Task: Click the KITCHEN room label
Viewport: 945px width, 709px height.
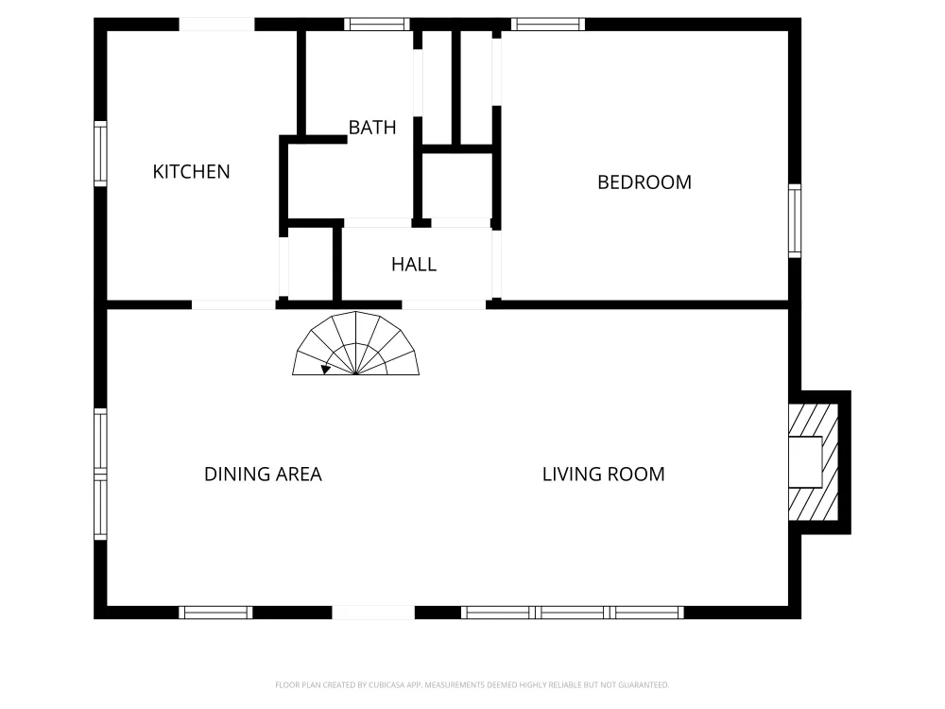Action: pos(191,172)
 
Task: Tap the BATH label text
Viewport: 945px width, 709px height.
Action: pos(372,128)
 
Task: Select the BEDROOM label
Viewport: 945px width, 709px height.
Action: pos(644,182)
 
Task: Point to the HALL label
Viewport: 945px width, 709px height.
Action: pos(414,264)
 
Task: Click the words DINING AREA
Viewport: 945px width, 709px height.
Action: pos(264,474)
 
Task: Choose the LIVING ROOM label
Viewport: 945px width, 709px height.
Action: pos(603,474)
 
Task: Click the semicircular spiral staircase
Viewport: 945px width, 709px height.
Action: pos(355,344)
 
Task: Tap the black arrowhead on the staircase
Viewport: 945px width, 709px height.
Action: pos(326,369)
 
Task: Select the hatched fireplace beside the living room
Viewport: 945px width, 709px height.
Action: pos(814,462)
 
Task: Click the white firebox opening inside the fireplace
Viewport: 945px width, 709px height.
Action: pos(805,462)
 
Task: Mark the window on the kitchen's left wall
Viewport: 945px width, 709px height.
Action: pos(101,154)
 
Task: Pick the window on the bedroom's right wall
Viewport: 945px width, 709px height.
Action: pos(795,220)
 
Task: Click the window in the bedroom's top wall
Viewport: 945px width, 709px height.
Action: pos(548,25)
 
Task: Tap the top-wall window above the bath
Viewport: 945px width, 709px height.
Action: pos(377,25)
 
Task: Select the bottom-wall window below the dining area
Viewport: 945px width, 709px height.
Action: pos(215,613)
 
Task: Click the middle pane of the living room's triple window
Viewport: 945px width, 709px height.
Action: pos(573,613)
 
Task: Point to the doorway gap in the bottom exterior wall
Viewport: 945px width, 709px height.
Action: pos(373,613)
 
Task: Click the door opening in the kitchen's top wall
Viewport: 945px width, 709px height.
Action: pos(217,25)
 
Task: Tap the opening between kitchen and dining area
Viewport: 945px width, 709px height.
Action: pos(233,305)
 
